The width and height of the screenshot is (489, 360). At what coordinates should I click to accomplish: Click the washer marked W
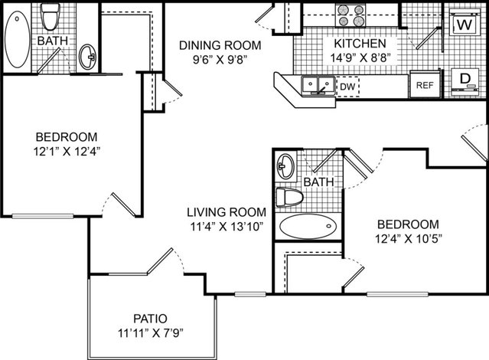(x=465, y=23)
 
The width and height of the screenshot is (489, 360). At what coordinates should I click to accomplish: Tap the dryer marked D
(x=465, y=82)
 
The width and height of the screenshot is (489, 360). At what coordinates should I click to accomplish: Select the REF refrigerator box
(x=425, y=84)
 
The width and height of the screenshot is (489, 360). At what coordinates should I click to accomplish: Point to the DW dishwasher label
(x=347, y=87)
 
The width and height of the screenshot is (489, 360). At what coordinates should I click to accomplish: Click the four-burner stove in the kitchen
(x=350, y=15)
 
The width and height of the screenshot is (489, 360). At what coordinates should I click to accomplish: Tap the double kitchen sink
(x=318, y=85)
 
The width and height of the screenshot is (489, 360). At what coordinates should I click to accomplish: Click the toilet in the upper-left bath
(x=50, y=17)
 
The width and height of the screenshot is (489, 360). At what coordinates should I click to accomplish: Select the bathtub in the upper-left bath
(x=18, y=39)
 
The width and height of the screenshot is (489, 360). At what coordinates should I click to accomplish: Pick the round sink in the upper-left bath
(x=88, y=57)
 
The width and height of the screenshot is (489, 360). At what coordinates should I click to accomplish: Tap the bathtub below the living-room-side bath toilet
(x=308, y=226)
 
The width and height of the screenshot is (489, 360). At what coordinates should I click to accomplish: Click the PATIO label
(x=150, y=319)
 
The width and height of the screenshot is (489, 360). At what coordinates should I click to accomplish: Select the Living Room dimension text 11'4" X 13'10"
(x=227, y=226)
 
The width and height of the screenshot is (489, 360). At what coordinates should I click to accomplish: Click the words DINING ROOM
(x=220, y=45)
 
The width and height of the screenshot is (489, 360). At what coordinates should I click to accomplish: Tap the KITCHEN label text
(x=360, y=44)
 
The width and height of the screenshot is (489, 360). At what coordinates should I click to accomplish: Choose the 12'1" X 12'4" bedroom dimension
(x=67, y=152)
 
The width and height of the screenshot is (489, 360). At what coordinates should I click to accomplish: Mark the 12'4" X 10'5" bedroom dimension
(x=409, y=239)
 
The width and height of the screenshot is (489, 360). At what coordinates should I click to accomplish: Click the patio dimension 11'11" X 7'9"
(x=150, y=333)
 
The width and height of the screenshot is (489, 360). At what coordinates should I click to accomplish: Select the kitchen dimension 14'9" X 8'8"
(x=360, y=57)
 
